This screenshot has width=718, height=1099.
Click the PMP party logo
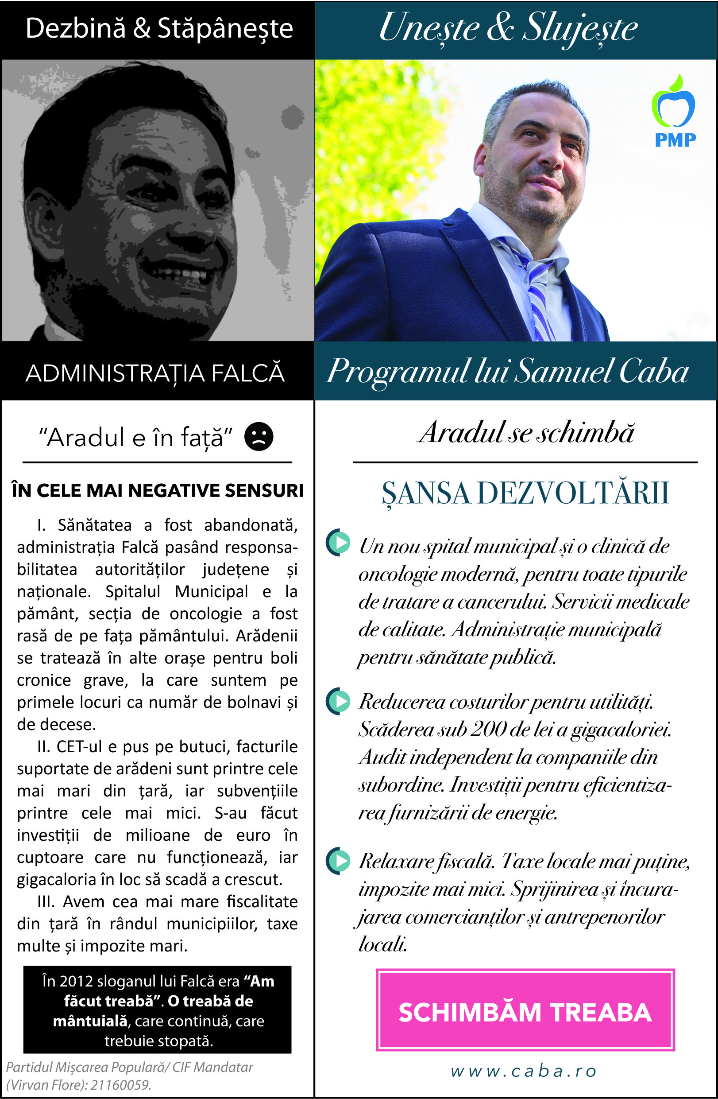(674, 112)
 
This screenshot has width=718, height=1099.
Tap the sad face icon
(259, 436)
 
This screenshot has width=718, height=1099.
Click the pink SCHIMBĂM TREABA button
(525, 1012)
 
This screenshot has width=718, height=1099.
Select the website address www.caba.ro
(524, 1070)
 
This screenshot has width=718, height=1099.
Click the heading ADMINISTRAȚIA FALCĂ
(155, 373)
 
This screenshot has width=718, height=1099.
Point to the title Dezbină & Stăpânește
(159, 29)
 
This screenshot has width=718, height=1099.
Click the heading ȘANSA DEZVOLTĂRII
(525, 493)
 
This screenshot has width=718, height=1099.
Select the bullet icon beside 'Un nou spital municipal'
(339, 542)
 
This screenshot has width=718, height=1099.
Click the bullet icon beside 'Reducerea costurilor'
(339, 701)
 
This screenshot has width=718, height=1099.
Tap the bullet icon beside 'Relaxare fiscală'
(339, 861)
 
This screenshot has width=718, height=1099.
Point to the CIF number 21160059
(120, 1085)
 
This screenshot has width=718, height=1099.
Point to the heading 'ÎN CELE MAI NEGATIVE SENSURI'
(157, 490)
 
